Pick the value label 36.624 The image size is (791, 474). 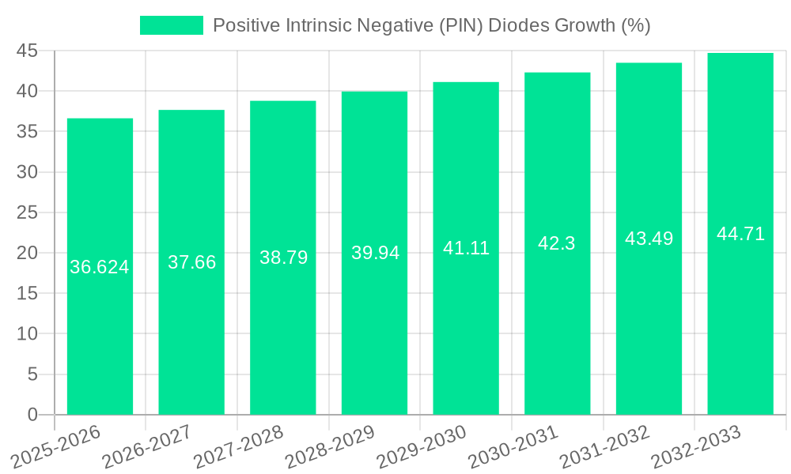(100, 267)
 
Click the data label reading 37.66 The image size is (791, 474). (191, 262)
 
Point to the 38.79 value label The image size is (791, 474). (283, 258)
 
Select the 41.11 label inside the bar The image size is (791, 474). (466, 248)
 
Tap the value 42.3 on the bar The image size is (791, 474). (557, 243)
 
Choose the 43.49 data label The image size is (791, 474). (649, 239)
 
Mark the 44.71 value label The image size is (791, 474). (740, 234)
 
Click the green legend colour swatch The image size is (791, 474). (171, 25)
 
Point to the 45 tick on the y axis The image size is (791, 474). (28, 51)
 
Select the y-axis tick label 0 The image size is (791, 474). (32, 414)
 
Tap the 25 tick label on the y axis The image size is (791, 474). (28, 213)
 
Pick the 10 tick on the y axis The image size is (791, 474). (28, 333)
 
